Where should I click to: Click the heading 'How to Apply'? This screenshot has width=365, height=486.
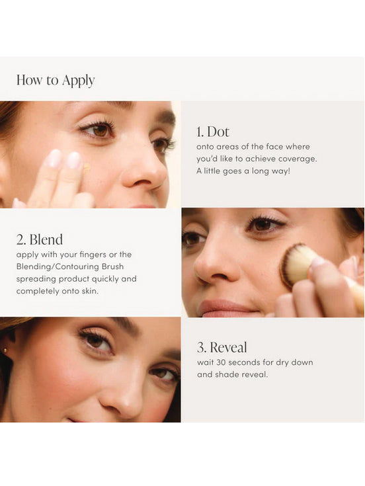coord(56,80)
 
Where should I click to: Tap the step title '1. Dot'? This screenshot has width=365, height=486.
coord(213,131)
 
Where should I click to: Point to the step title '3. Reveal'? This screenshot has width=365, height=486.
coord(222,347)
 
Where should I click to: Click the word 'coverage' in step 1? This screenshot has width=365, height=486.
coord(297,158)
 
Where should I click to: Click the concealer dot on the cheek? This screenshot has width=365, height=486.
coord(87,169)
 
